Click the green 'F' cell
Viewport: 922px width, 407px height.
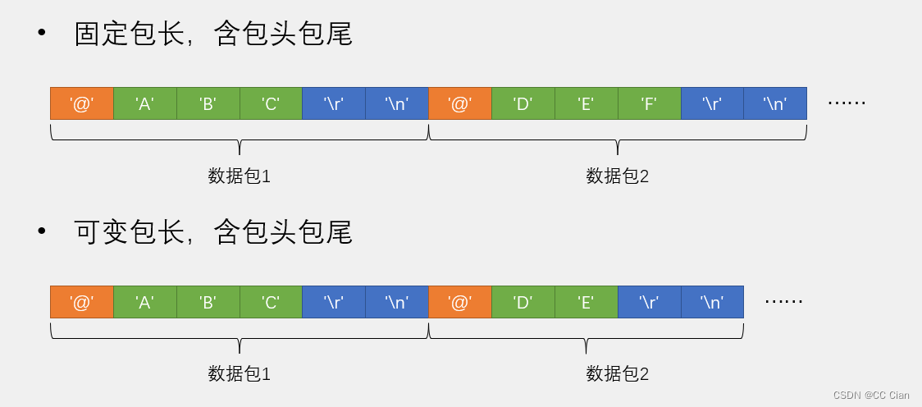point(649,103)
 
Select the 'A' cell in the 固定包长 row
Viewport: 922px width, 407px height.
point(144,103)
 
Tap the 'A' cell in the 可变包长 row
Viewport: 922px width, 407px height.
point(144,302)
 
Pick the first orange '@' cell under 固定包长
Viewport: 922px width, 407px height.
point(81,103)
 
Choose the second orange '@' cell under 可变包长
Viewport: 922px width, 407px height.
point(459,302)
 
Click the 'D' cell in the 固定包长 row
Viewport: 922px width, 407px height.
point(523,103)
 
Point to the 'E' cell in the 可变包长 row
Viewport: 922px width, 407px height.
point(586,302)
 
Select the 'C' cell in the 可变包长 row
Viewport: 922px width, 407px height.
point(271,302)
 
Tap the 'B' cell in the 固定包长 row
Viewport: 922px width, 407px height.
point(208,103)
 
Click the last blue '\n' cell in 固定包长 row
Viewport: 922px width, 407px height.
point(775,103)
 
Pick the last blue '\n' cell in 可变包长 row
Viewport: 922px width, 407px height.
point(712,302)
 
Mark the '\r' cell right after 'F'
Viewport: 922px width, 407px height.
point(712,103)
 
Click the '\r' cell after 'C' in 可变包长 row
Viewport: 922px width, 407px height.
point(334,302)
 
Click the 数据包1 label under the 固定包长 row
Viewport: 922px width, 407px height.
point(239,176)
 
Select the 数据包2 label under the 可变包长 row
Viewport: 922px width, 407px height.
point(617,374)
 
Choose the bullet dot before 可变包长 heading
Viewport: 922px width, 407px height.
point(42,231)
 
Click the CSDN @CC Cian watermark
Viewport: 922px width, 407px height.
point(870,396)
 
